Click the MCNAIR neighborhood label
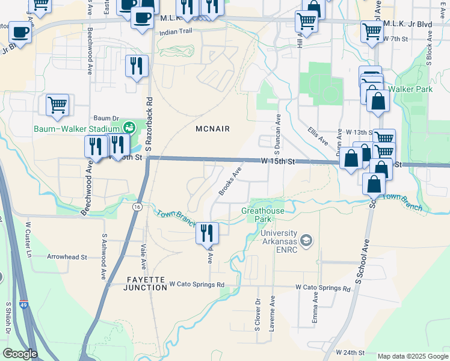[x=214, y=129]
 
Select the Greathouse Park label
[x=262, y=215]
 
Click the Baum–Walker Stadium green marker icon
[x=128, y=128]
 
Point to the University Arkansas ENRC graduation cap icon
[x=307, y=241]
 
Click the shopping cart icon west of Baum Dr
[x=58, y=105]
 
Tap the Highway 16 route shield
[x=137, y=206]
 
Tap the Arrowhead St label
[x=67, y=256]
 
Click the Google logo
[x=19, y=353]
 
